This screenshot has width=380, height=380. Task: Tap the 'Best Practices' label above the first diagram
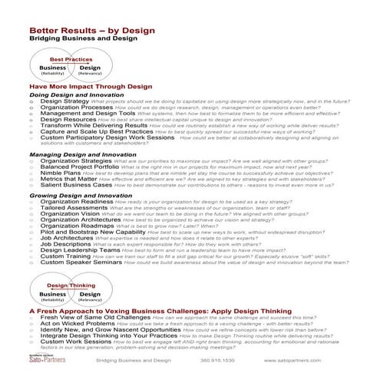(71, 58)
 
